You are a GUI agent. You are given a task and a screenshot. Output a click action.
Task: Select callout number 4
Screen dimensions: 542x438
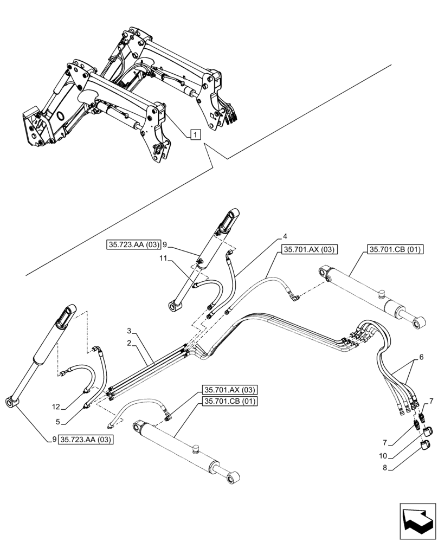click(x=284, y=236)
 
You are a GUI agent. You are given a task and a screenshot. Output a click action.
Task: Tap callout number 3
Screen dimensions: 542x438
click(x=129, y=331)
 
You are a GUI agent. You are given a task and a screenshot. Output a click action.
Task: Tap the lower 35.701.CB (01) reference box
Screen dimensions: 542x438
click(x=230, y=401)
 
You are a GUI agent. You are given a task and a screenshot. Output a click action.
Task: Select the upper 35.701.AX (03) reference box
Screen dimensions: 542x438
click(x=310, y=249)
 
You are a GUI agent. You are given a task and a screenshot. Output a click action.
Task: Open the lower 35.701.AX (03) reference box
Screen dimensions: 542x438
click(x=230, y=389)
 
